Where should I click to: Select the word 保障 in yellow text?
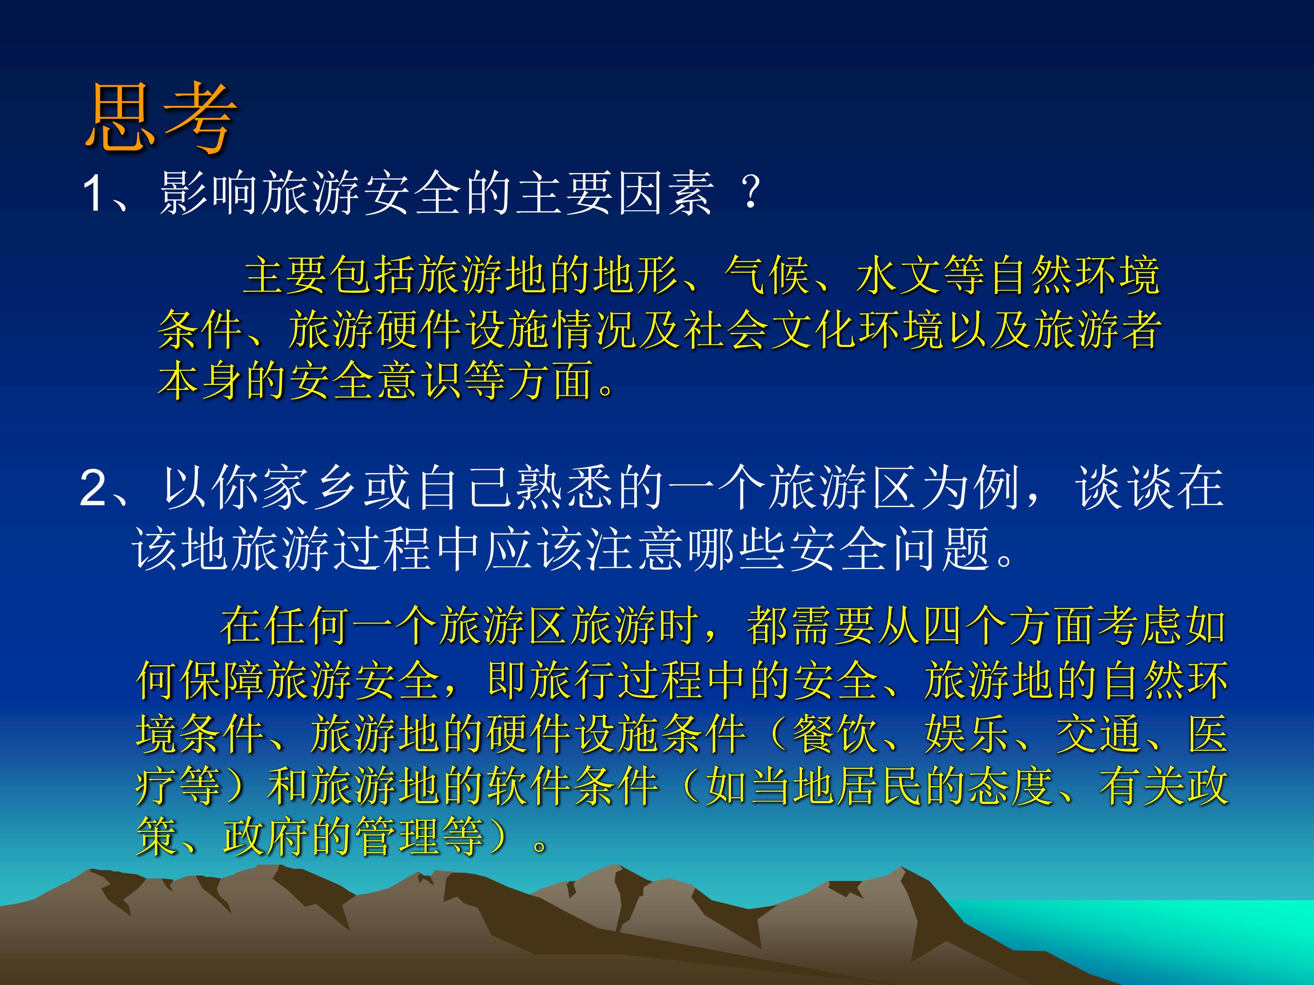[x=224, y=680]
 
